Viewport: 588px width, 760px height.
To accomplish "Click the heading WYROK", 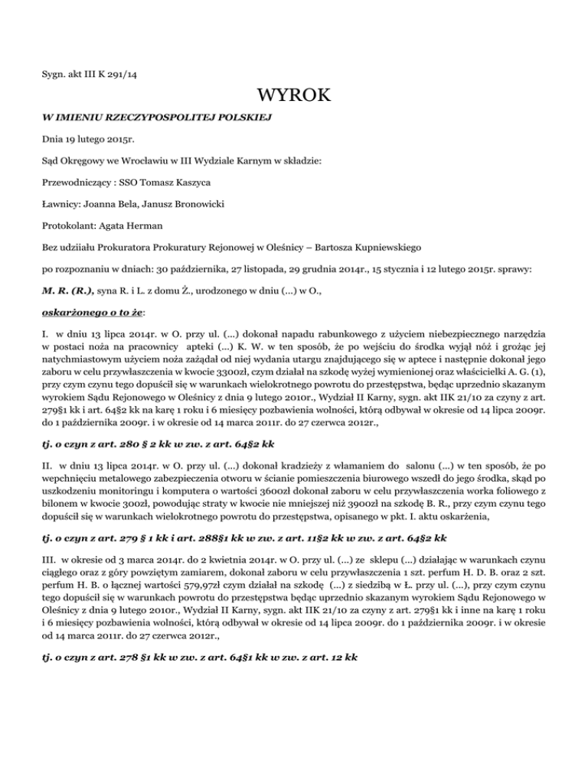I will click(294, 97).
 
